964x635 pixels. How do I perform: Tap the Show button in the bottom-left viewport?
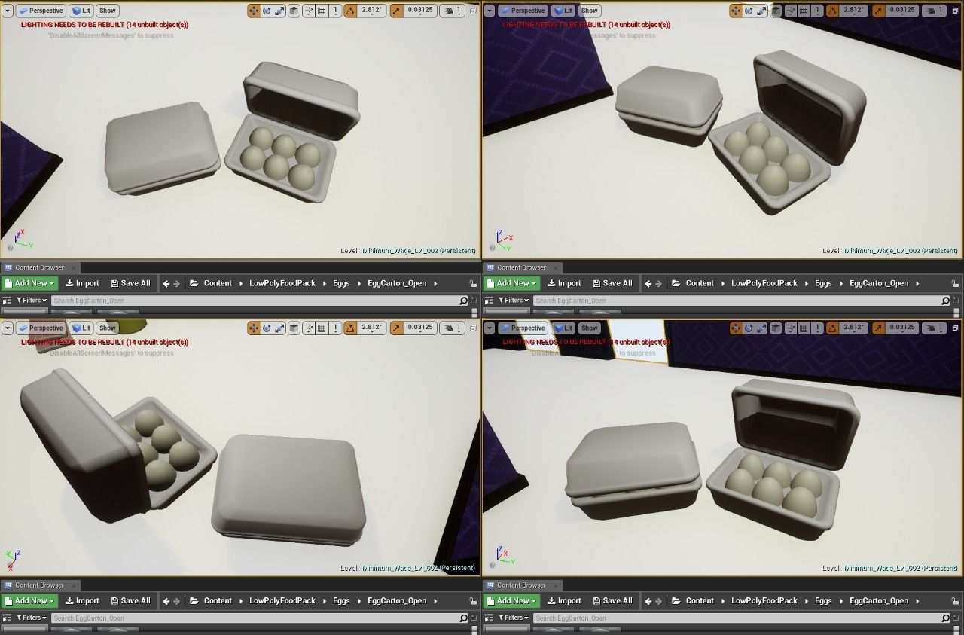(x=108, y=328)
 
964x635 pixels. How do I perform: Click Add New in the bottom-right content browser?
(x=512, y=600)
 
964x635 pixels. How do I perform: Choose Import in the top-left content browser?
(x=82, y=283)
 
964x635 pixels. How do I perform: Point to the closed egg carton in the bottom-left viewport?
(x=288, y=488)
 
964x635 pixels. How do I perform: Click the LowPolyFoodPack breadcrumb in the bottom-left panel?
(x=282, y=600)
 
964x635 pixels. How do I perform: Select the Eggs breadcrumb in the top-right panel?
(x=823, y=283)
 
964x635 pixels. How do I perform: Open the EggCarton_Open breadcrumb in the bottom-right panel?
(x=878, y=600)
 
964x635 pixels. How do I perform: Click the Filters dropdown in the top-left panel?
(x=31, y=300)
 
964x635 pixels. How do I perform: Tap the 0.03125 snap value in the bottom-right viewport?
(x=902, y=328)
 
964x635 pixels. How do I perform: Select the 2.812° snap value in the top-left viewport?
(x=371, y=11)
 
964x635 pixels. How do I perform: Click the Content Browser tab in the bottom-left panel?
(x=39, y=585)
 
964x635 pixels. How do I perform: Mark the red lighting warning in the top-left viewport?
(x=105, y=25)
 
